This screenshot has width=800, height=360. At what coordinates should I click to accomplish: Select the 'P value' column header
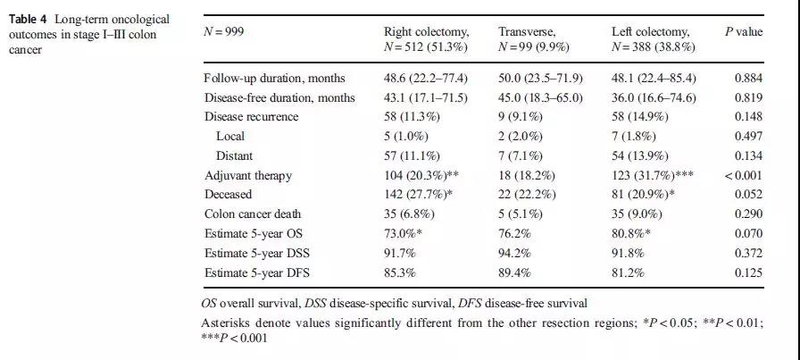743,31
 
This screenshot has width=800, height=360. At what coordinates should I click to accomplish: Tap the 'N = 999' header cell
224,31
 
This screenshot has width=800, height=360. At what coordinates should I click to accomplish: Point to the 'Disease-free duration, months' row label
279,97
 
